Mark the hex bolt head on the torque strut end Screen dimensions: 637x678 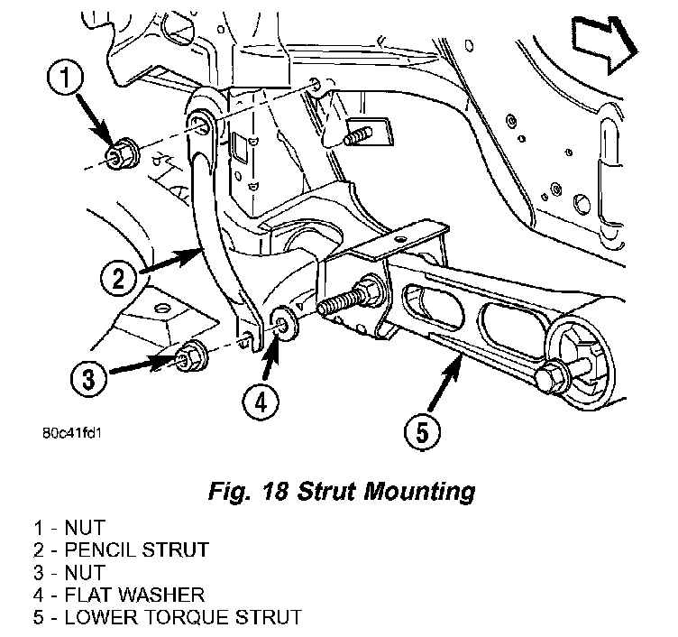click(551, 376)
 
